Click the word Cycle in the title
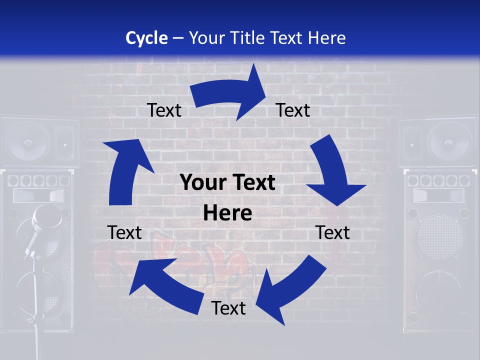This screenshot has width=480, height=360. coord(146,38)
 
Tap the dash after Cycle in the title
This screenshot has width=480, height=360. coord(178,38)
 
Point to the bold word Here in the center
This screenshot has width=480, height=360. coord(227,213)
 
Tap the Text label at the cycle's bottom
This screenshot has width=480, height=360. coord(228,308)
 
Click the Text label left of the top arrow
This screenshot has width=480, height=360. coord(164,110)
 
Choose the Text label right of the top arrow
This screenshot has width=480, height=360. coord(293,110)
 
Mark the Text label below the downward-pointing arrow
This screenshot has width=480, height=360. coord(333,232)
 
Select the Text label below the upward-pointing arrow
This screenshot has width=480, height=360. coord(124,232)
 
